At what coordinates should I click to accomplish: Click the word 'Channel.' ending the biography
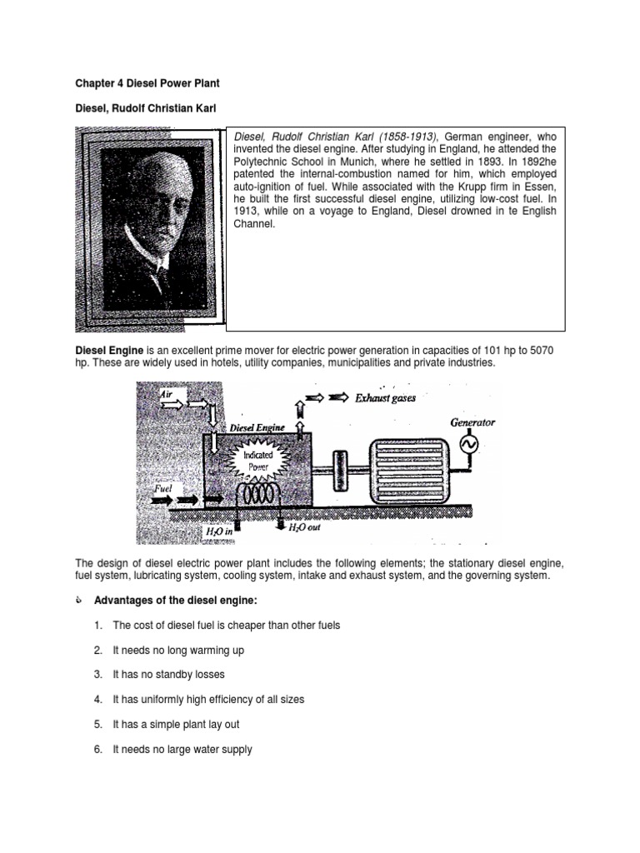tap(253, 224)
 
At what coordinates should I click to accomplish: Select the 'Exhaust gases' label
tap(385, 398)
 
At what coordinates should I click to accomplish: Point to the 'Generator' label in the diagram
tap(472, 422)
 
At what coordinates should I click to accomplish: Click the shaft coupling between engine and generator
tap(339, 462)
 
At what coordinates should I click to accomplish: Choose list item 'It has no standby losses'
tap(169, 675)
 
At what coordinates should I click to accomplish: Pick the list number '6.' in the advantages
tap(97, 750)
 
